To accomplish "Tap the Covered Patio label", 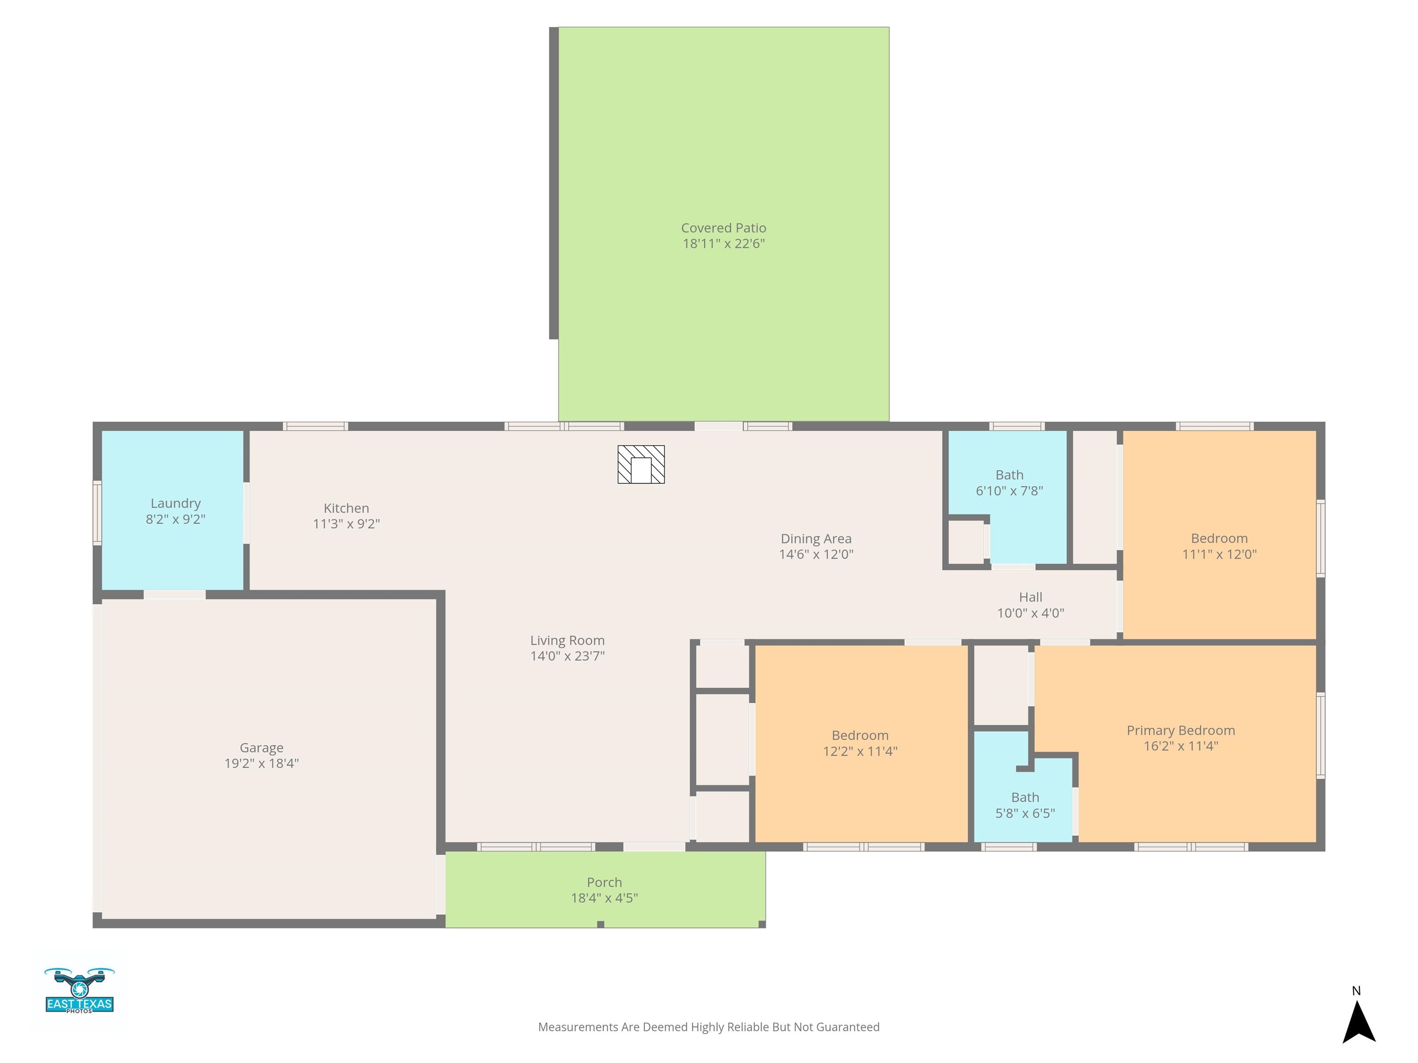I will pos(723,228).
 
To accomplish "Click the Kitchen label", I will pos(346,508).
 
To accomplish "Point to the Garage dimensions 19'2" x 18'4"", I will pos(262,763).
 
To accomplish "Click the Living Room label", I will pos(567,640).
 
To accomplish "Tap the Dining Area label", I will pos(816,539).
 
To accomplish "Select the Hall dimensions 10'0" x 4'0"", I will pos(1030,613).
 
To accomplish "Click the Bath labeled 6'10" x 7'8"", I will pos(1009,475).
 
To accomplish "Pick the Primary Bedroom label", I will pos(1180,730).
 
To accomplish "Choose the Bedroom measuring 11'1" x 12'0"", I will pos(1219,539).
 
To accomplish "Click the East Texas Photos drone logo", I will pos(79,991).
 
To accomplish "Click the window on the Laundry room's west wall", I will pos(97,513).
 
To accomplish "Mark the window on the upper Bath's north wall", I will pos(1017,426).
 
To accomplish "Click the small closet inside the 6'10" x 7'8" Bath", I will pos(966,542).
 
